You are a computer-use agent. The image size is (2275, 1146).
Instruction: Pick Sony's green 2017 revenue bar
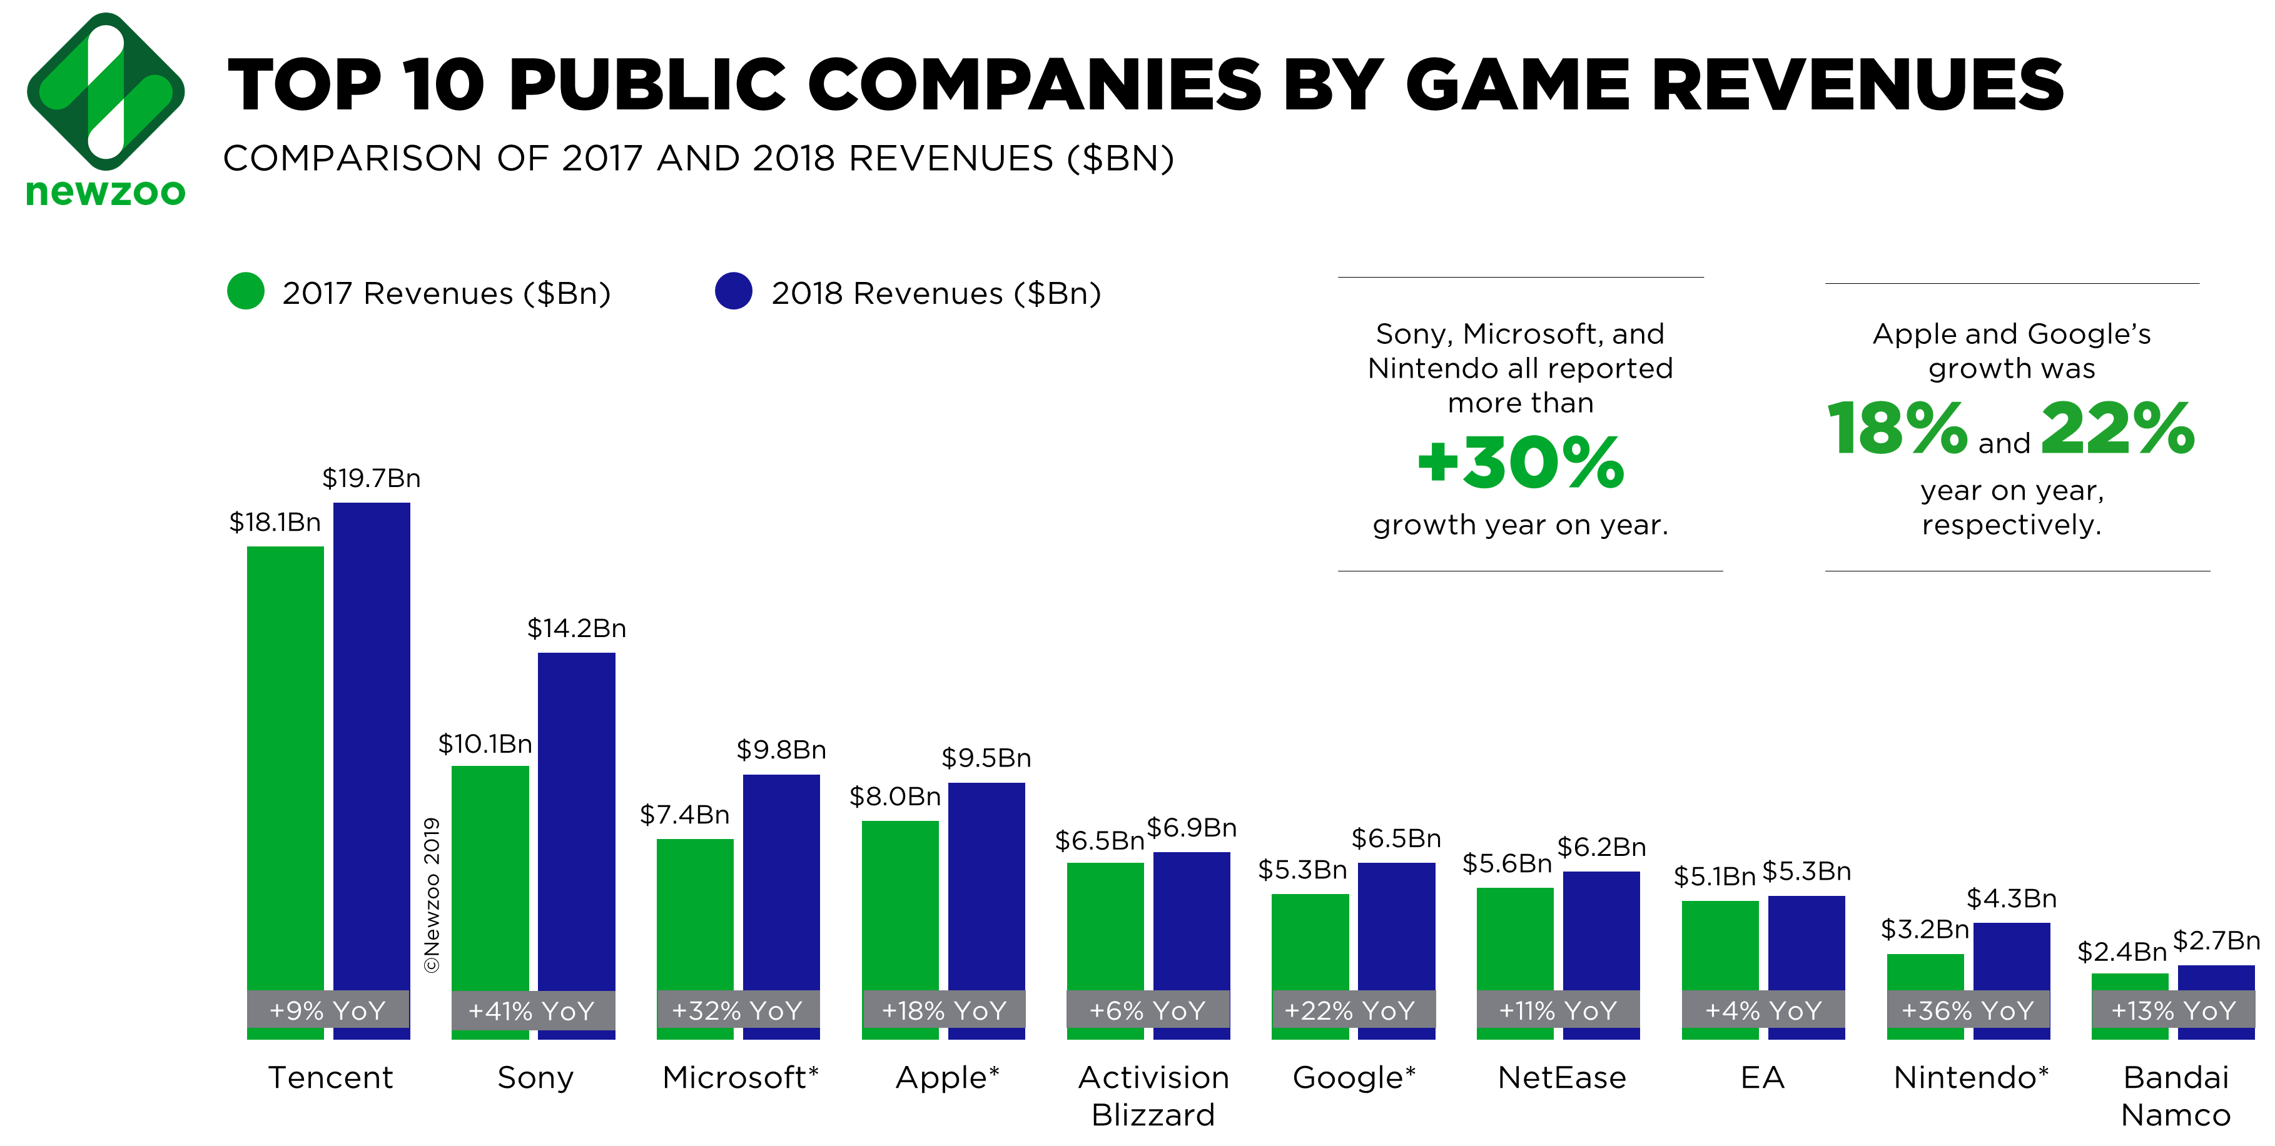coord(490,874)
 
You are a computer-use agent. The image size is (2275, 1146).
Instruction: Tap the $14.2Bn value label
coord(577,628)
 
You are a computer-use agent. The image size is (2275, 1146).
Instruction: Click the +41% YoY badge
coord(532,1011)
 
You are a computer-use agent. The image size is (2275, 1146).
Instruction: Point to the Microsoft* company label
coord(740,1077)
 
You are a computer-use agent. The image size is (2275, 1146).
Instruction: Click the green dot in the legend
coord(246,291)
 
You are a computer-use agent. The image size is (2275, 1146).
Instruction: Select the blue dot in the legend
coord(733,291)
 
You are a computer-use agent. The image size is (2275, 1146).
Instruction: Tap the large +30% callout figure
coord(1520,463)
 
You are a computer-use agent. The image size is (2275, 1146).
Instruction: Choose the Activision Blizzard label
coord(1153,1096)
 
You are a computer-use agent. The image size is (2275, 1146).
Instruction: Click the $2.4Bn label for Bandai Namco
coord(2121,952)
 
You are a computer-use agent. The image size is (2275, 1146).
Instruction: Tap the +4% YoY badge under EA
coord(1763,1011)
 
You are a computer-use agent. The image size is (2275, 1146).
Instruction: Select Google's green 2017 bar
coord(1310,940)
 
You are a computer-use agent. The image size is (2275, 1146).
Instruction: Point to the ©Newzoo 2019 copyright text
coord(432,895)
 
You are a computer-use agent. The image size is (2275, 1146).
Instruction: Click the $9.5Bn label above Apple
coord(986,758)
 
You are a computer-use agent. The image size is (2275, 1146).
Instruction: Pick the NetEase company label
coord(1561,1077)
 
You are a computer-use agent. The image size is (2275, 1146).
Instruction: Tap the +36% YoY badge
coord(1968,1011)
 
